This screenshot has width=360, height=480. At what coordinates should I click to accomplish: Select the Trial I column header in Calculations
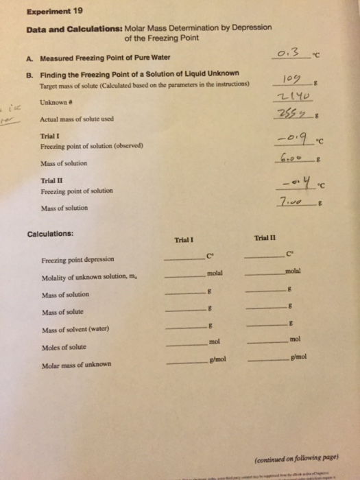[x=184, y=240]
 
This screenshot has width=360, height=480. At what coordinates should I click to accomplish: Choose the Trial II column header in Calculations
[x=263, y=237]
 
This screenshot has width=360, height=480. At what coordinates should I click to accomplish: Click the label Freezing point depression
[x=71, y=260]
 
